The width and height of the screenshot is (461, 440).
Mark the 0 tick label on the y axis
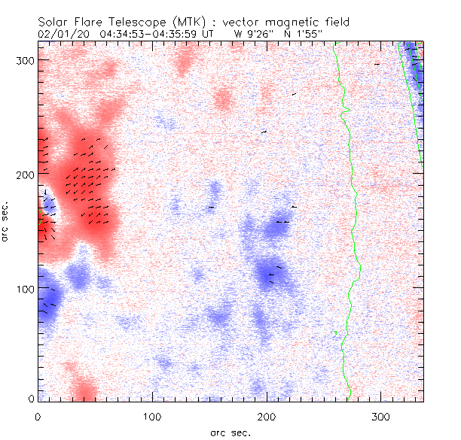click(31, 398)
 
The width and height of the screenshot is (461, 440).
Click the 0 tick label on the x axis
click(38, 416)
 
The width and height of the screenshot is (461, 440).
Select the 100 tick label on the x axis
click(153, 416)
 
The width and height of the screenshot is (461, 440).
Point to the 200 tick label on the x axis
click(268, 416)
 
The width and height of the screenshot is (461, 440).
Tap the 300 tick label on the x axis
click(383, 416)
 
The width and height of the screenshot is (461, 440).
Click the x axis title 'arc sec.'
click(230, 432)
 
